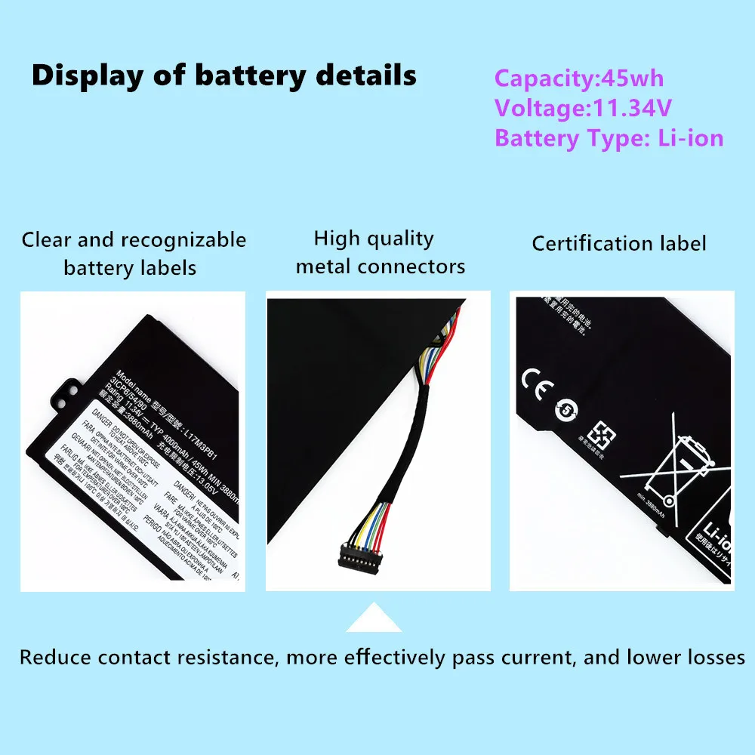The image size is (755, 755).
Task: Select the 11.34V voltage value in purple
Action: tap(630, 108)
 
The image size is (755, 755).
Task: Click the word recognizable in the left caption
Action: tap(183, 240)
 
